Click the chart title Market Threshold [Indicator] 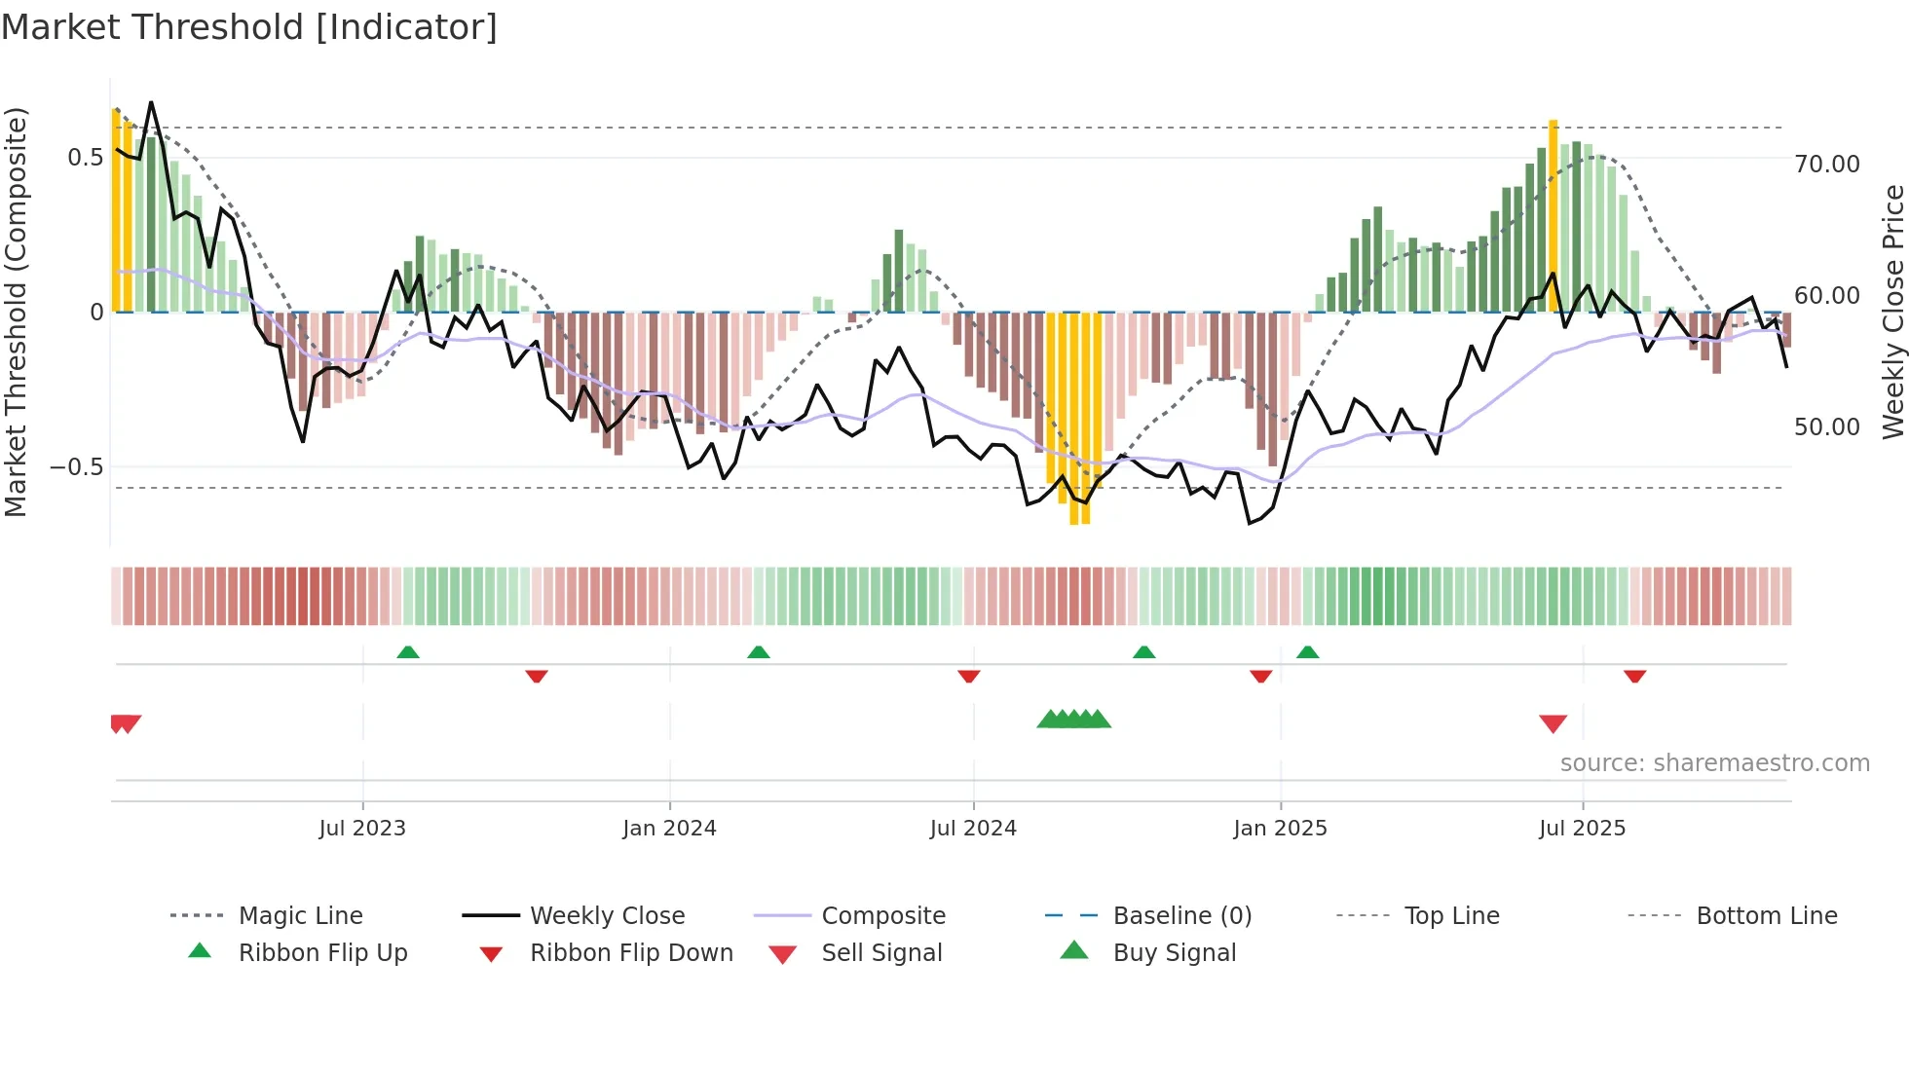(x=249, y=27)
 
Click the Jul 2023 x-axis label (x=362, y=829)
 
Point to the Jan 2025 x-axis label (x=1280, y=829)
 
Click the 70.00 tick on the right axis (x=1826, y=165)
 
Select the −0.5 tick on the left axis (x=76, y=467)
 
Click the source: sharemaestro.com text (x=1714, y=763)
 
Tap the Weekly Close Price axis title (x=1892, y=312)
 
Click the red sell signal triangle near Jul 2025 (x=1553, y=723)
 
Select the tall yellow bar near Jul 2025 (x=1553, y=214)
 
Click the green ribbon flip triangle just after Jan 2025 (x=1307, y=652)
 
